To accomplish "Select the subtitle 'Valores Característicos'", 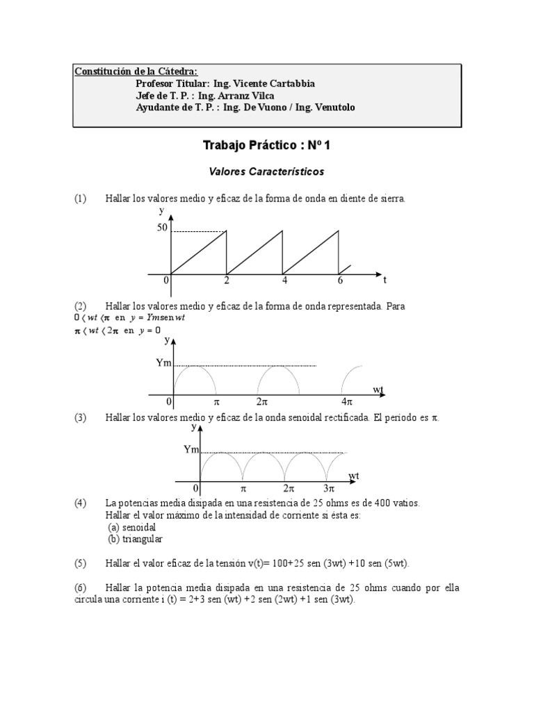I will point(268,170).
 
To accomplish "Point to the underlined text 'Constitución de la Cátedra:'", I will point(136,72).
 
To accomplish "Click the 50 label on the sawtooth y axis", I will point(162,227).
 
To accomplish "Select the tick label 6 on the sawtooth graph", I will point(340,281).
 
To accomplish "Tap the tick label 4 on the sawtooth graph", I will point(284,281).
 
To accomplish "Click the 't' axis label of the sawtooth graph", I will point(385,281).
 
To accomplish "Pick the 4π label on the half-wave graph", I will point(347,402).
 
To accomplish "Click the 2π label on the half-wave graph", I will point(262,402).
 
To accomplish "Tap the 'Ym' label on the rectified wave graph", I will point(191,450).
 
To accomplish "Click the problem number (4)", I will point(81,502).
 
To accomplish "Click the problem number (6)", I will point(81,587).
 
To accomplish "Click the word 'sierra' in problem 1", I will point(390,199).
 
